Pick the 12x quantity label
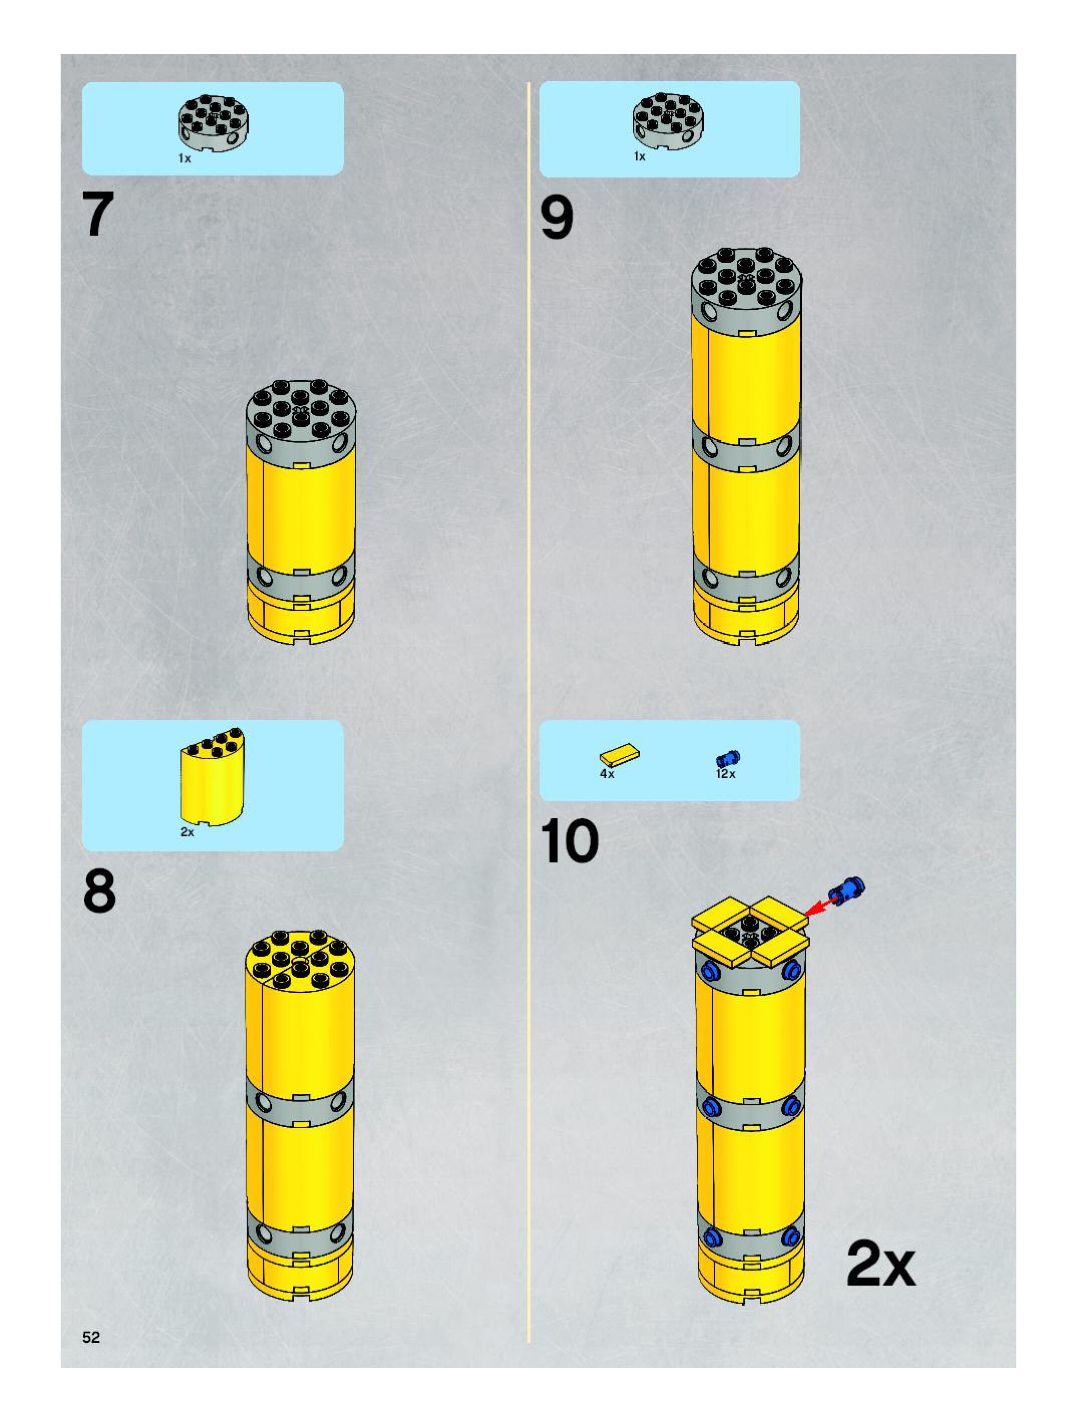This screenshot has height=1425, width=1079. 726,774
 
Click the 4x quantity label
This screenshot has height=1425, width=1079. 607,774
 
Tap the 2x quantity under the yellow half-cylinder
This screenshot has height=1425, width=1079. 187,832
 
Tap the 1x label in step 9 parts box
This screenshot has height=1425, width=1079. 639,156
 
